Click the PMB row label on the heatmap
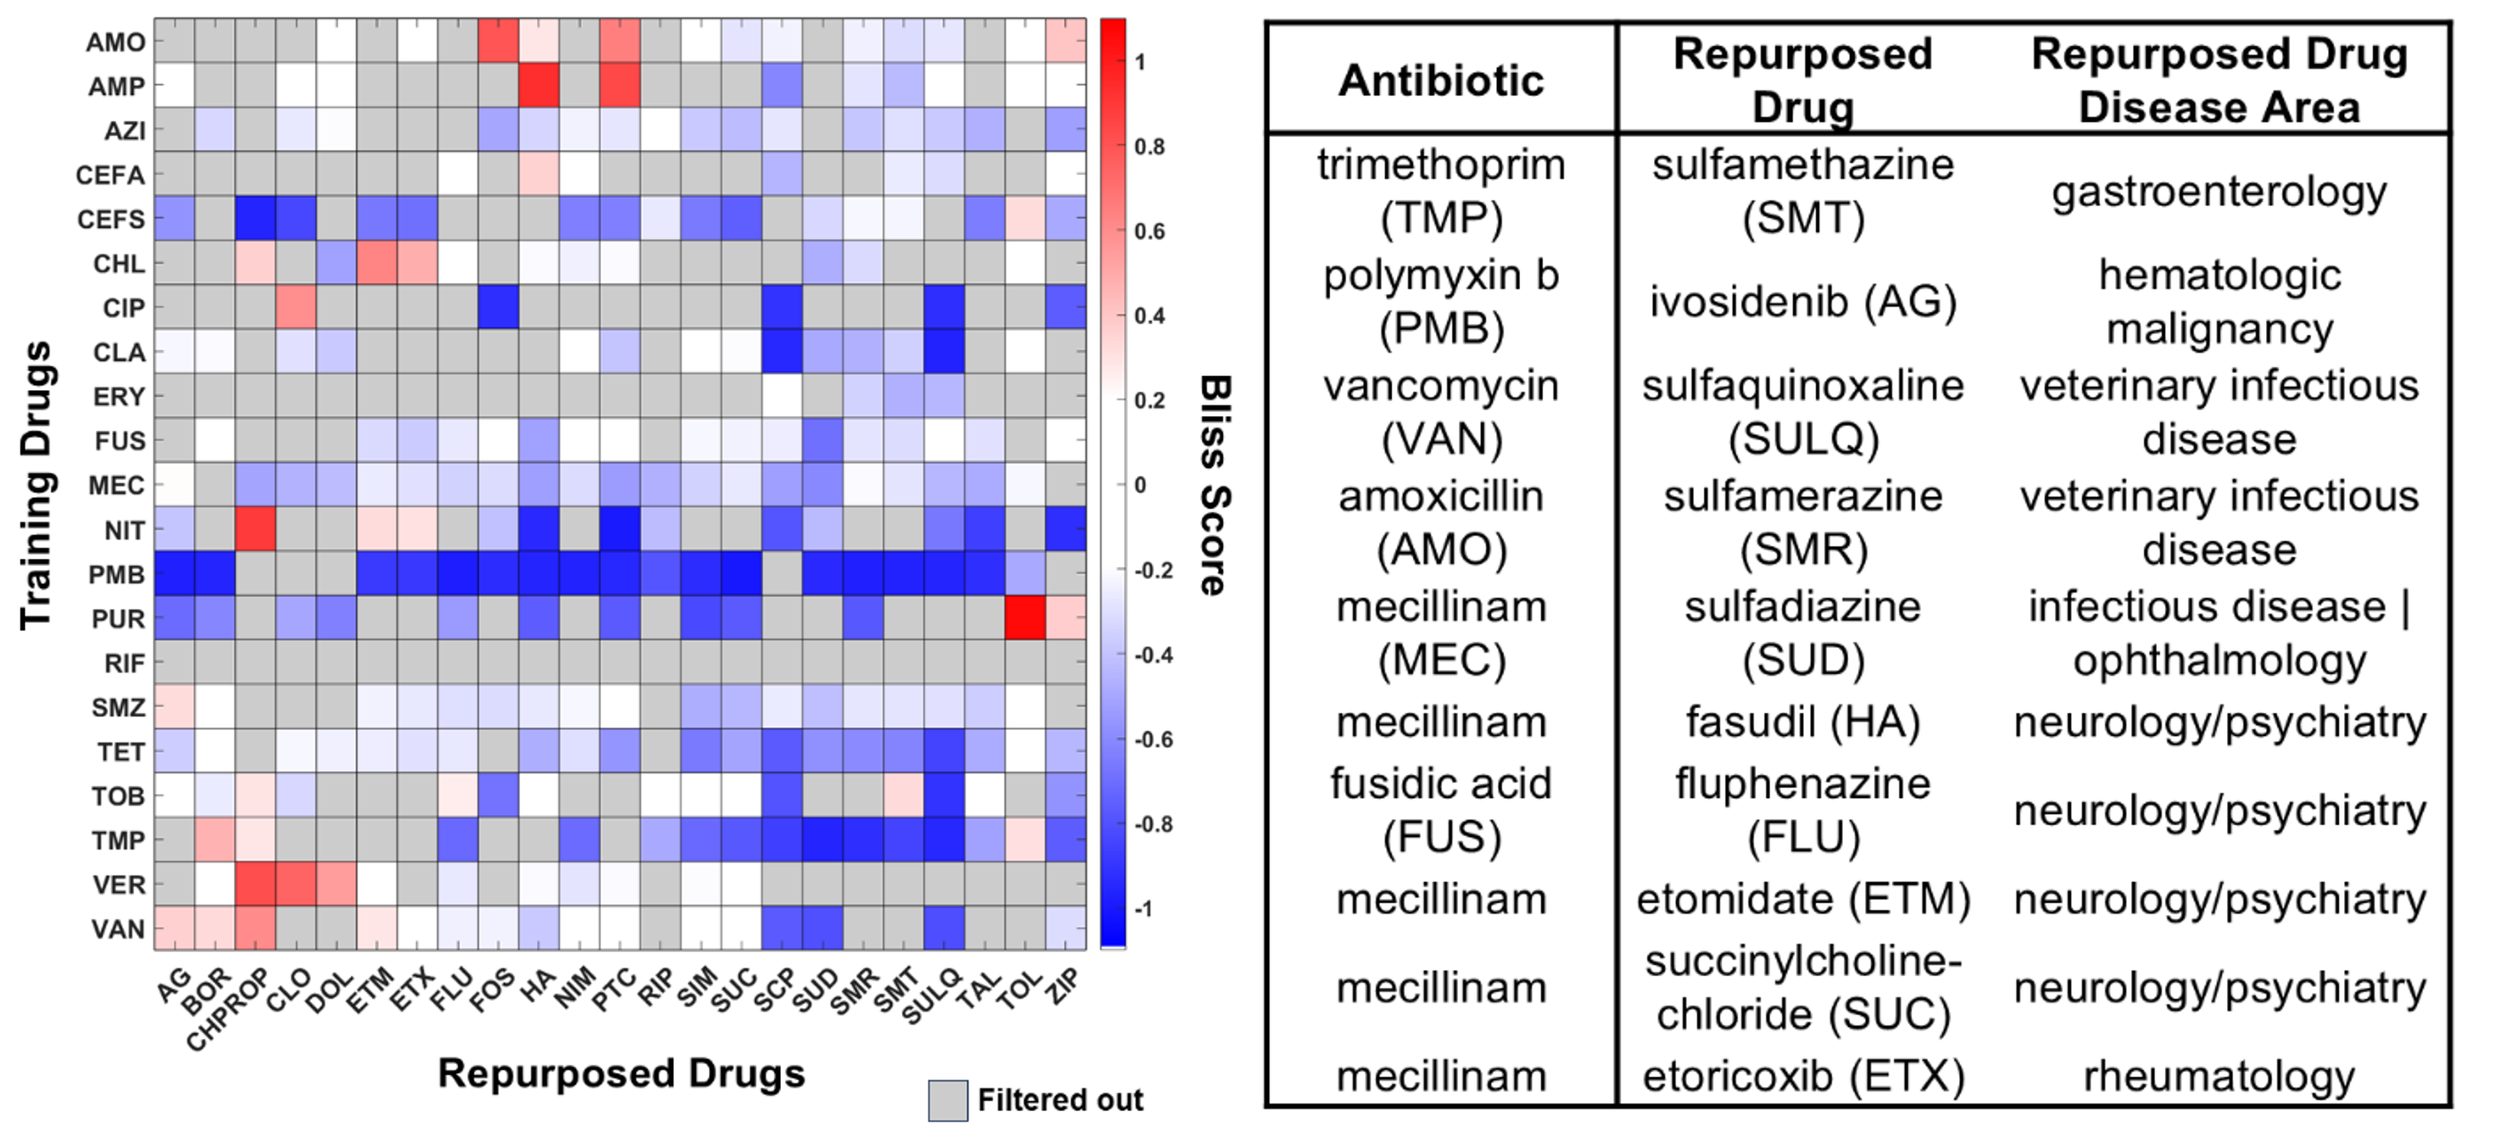(x=116, y=575)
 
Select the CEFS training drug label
(x=111, y=220)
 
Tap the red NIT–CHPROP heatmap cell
(x=256, y=529)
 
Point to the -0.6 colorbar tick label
(x=1149, y=739)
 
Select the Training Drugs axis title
(x=36, y=484)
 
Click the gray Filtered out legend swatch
(x=948, y=1100)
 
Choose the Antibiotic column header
(x=1441, y=80)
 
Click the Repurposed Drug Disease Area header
(x=2219, y=80)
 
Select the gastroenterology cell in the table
(x=2219, y=191)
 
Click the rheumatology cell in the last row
(x=2219, y=1077)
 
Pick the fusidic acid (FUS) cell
(x=1441, y=810)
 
